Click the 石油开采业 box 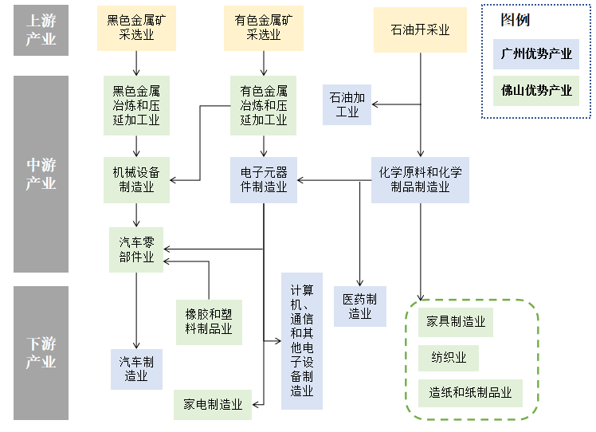(x=420, y=29)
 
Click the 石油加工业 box (x=347, y=104)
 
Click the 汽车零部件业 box (x=136, y=249)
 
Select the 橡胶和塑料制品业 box (x=209, y=321)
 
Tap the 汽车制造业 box (x=136, y=369)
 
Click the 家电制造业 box (x=213, y=404)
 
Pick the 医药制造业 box (x=360, y=307)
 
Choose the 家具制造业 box (x=457, y=322)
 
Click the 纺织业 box (x=449, y=357)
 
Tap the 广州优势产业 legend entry (x=536, y=55)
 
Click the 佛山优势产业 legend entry (x=536, y=91)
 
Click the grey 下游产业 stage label (x=41, y=353)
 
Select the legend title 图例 (x=515, y=20)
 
